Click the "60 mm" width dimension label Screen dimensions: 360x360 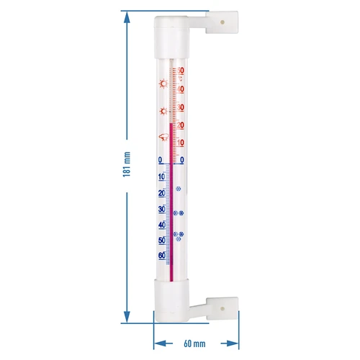[194, 345]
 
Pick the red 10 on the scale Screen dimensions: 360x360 [181, 142]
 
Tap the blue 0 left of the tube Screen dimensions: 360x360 [160, 160]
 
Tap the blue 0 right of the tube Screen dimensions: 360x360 [181, 160]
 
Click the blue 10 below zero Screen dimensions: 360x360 [161, 177]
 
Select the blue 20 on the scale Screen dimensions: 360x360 [161, 194]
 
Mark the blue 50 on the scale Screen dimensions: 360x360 [161, 240]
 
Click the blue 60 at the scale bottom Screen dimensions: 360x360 [161, 255]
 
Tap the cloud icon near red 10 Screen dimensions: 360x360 [163, 138]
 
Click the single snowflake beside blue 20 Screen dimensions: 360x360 [179, 190]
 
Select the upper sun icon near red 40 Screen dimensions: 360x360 [163, 84]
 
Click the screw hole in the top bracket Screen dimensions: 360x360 [223, 22]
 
